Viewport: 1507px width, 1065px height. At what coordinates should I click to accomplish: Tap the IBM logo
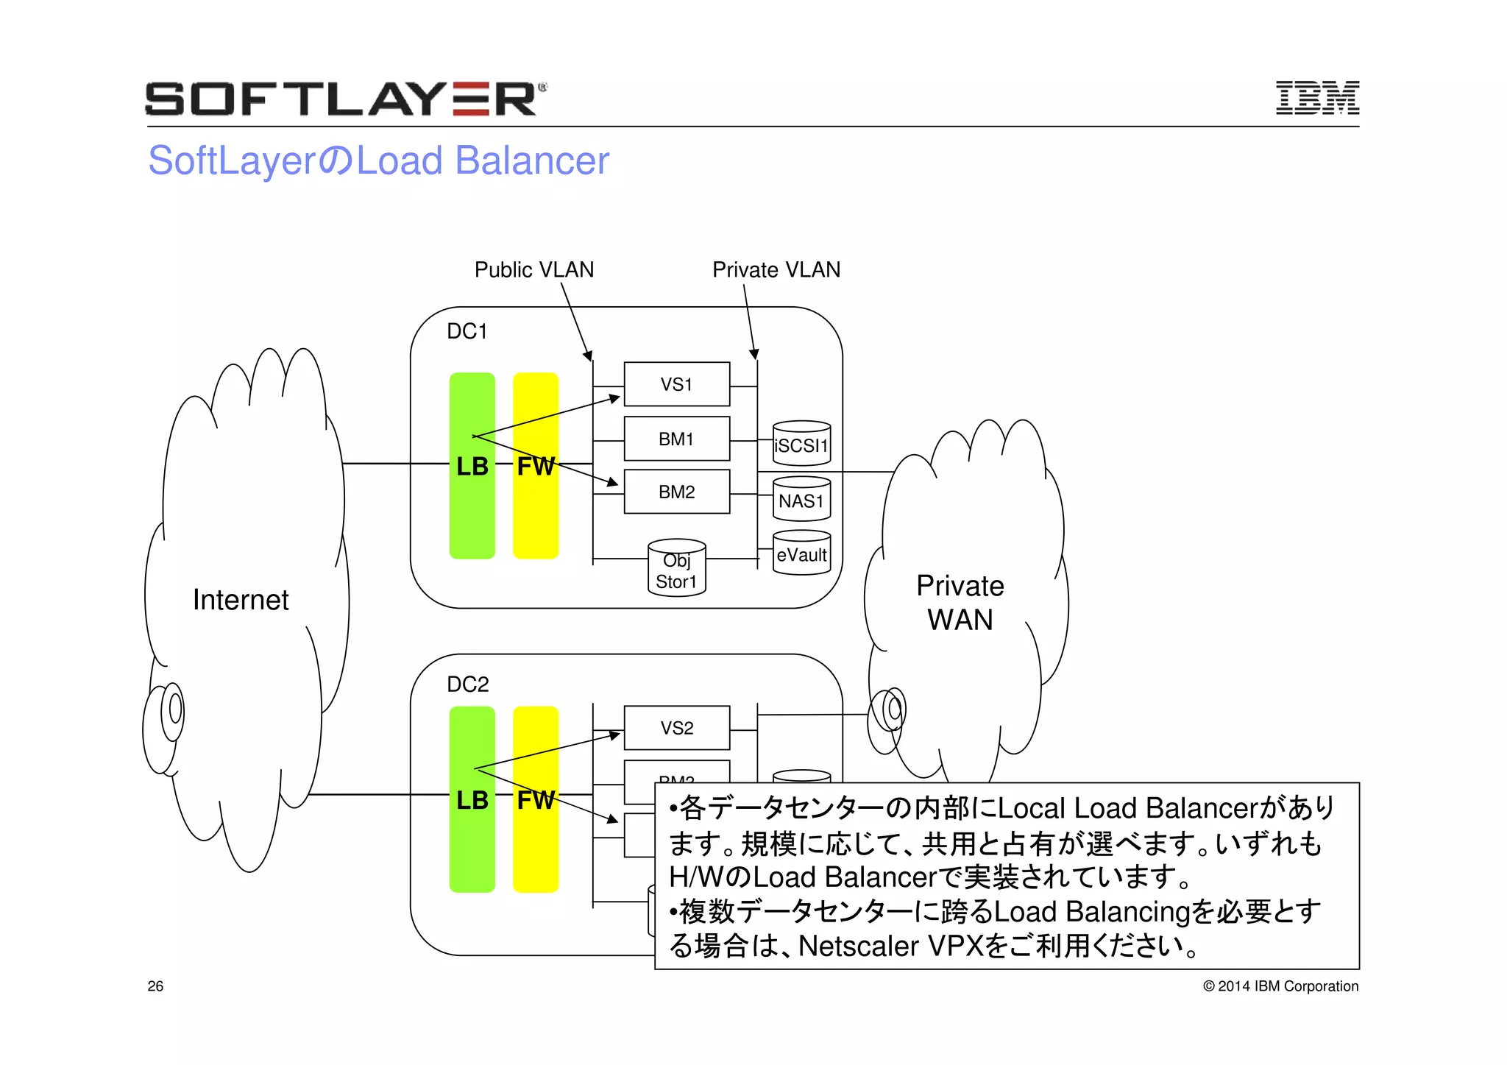tap(1316, 98)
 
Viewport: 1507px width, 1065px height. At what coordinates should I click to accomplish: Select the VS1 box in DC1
tap(676, 384)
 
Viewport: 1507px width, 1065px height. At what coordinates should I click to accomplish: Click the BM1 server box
tap(676, 439)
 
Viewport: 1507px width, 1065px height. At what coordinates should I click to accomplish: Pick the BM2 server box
tap(676, 492)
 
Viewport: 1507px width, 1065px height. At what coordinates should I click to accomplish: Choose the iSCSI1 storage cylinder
tap(801, 445)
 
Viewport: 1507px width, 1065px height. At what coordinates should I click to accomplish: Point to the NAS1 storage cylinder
tap(801, 500)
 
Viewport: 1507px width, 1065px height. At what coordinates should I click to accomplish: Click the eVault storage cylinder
tap(801, 554)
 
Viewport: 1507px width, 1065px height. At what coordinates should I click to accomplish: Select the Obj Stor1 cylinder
tap(676, 570)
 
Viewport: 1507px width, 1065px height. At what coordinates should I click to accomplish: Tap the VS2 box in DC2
tap(676, 728)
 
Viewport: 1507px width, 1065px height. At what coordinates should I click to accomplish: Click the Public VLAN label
tap(533, 269)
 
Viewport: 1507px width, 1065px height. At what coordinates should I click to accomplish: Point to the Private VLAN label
tap(776, 269)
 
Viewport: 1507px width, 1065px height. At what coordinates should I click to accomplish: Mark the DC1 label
tap(467, 331)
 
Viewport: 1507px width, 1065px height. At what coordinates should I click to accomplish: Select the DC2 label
tap(467, 684)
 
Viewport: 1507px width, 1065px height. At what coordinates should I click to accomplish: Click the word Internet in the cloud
tap(241, 600)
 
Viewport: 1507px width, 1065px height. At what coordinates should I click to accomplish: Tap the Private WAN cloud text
tap(960, 603)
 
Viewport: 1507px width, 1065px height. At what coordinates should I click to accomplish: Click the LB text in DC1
tap(472, 466)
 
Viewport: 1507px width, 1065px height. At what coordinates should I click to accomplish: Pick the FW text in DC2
tap(536, 800)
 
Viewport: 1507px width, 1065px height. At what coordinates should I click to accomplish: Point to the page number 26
tap(155, 986)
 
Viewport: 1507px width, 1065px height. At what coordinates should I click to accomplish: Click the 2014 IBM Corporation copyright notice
tap(1280, 986)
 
